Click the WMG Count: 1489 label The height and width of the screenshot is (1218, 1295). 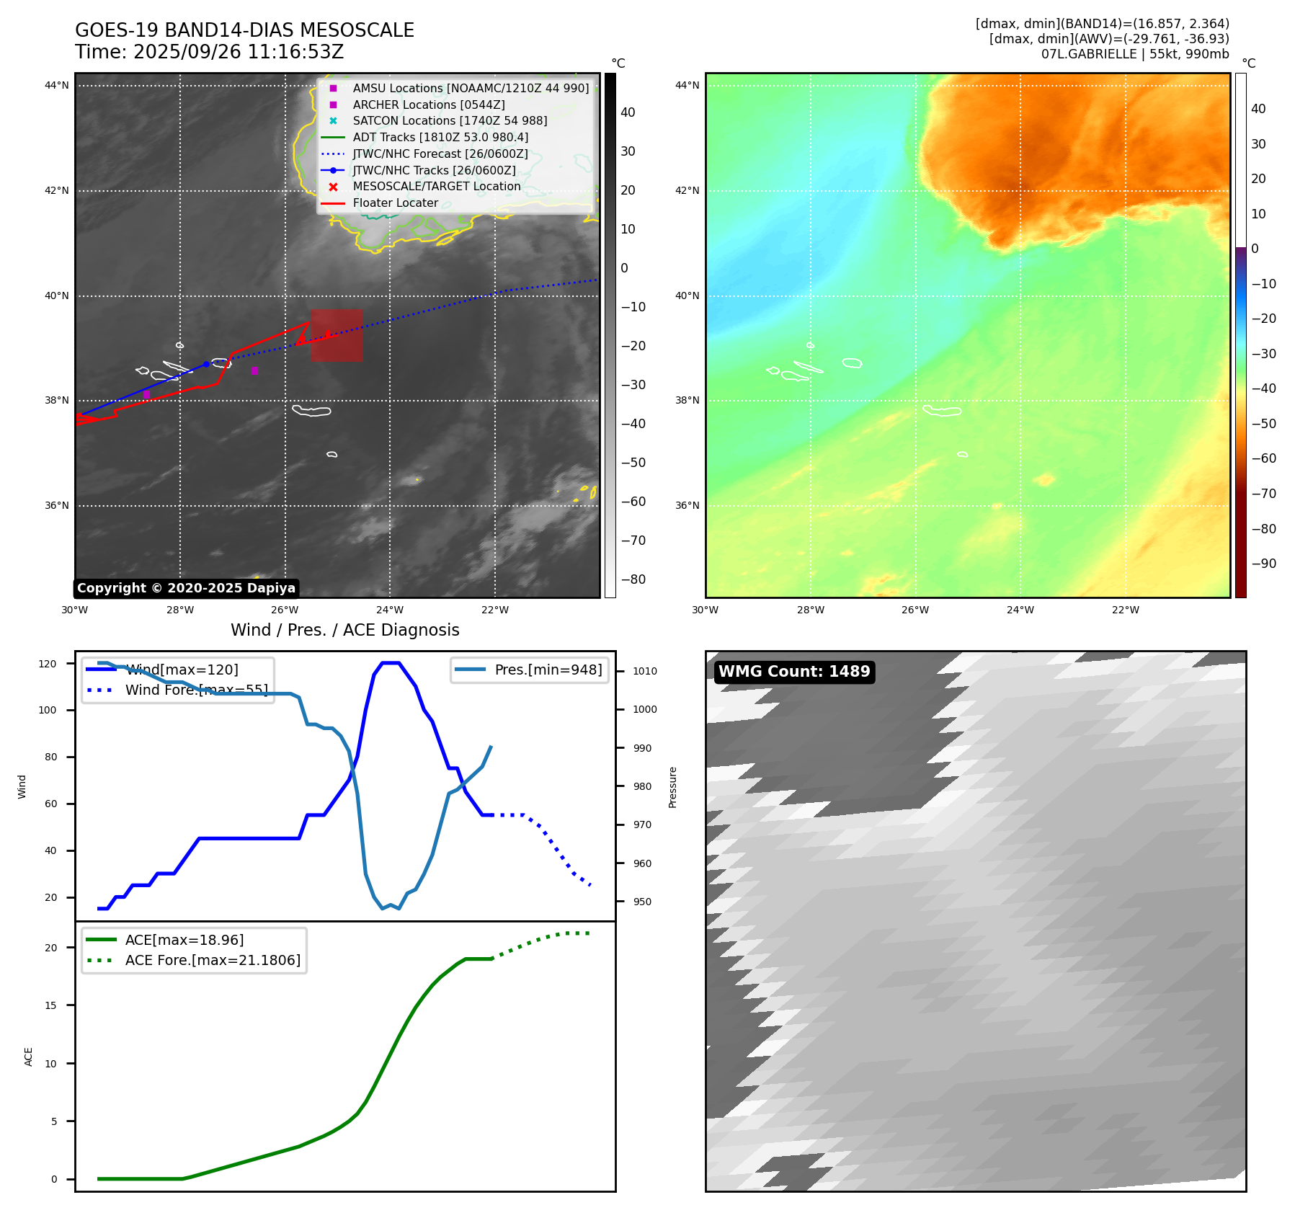coord(794,672)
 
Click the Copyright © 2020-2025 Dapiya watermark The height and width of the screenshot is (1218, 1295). coord(186,588)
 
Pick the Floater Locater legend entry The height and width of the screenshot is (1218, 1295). coord(395,203)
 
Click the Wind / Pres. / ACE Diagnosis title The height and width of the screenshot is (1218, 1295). coord(344,630)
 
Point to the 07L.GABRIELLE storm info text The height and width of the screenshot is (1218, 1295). coord(1134,54)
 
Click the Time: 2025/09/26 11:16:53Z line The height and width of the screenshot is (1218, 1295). coord(209,52)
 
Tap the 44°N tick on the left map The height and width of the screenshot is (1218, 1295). coord(57,85)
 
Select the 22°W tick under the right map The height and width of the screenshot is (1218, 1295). coord(1125,610)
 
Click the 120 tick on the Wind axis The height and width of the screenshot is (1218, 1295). coord(48,664)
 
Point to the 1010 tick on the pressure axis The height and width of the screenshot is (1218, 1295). coord(645,671)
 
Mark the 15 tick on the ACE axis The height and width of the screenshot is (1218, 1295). coord(50,1005)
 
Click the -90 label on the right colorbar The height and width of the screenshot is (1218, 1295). coord(1263,564)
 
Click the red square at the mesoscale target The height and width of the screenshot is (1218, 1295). coord(337,335)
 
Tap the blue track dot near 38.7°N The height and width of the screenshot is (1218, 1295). coord(206,364)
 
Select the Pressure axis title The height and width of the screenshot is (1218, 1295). coord(672,787)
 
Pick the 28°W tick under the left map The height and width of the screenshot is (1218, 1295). coord(179,610)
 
